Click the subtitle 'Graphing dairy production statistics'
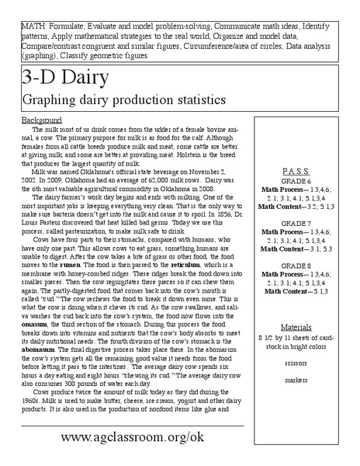coord(125,100)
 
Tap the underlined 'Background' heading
coord(41,121)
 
